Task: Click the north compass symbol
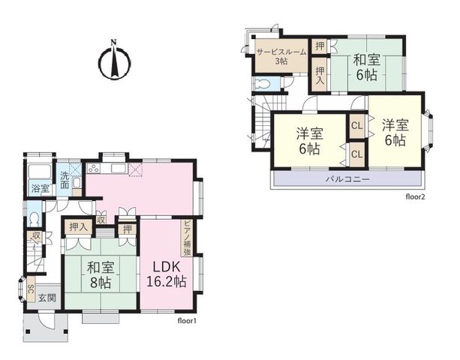click(114, 60)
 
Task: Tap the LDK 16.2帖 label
click(166, 274)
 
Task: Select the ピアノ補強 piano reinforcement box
click(187, 238)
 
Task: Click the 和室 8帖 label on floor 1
click(101, 275)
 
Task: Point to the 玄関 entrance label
click(47, 298)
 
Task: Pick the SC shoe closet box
click(31, 289)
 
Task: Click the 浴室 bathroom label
click(41, 188)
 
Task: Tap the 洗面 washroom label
click(65, 180)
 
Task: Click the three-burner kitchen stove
click(94, 169)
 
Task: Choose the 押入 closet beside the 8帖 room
click(78, 227)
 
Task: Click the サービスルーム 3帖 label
click(281, 56)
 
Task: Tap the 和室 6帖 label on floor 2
click(367, 67)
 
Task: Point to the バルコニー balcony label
click(347, 179)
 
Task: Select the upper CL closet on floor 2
click(356, 126)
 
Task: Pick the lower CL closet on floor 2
click(356, 154)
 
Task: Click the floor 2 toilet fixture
click(263, 83)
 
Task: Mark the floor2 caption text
click(415, 197)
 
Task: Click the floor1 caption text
click(187, 321)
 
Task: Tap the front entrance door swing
click(47, 320)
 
